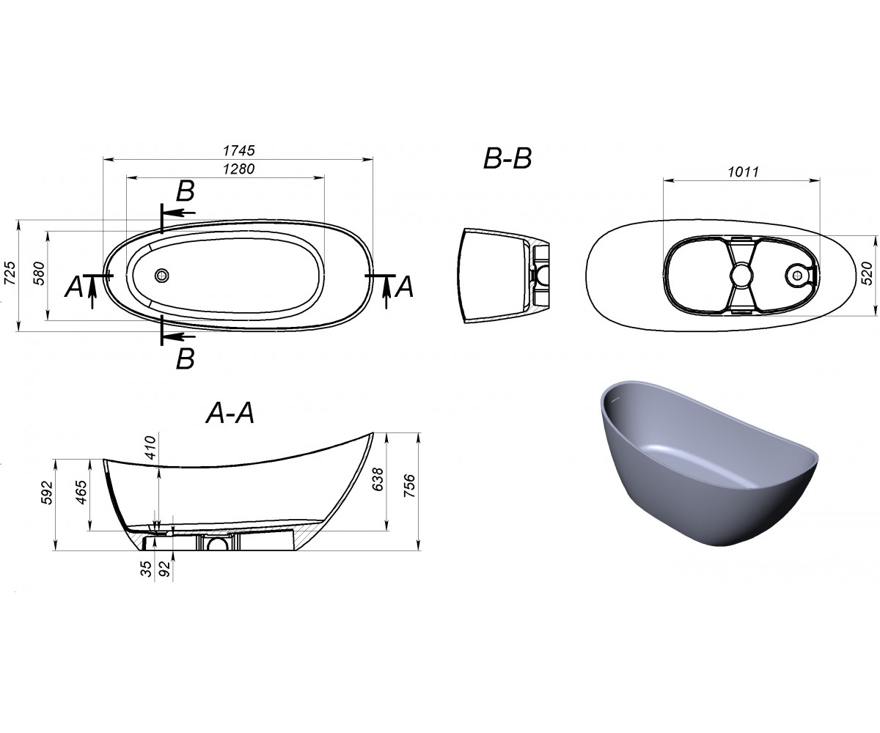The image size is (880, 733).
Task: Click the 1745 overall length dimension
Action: click(239, 150)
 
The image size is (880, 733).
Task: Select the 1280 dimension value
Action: click(239, 169)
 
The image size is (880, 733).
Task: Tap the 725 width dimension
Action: click(10, 273)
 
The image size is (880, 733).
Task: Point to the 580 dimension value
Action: click(39, 273)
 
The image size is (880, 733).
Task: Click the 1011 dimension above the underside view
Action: click(743, 172)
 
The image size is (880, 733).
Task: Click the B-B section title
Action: click(507, 159)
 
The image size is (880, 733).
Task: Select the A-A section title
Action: click(230, 413)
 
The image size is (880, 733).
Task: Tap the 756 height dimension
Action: click(408, 486)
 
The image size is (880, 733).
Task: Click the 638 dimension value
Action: click(378, 479)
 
